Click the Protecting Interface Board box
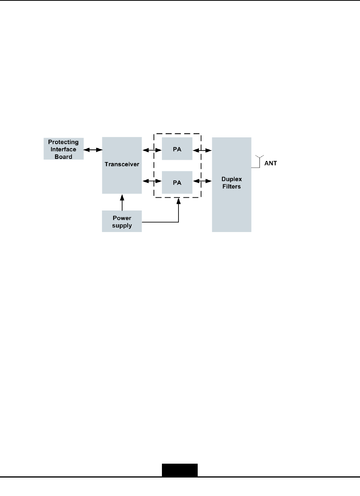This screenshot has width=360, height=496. (x=63, y=149)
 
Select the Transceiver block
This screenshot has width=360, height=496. (x=122, y=165)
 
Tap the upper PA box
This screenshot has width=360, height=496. (x=177, y=149)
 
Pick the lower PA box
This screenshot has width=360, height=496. (x=177, y=182)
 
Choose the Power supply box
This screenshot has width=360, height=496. (x=122, y=221)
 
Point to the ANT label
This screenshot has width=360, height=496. (x=270, y=163)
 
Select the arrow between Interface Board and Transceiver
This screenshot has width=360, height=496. (x=93, y=149)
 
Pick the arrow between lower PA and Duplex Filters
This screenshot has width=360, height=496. (x=202, y=180)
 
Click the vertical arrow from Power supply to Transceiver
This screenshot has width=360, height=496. (x=122, y=202)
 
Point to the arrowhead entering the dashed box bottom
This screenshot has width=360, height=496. (x=178, y=200)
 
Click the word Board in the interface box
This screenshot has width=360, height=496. (x=63, y=157)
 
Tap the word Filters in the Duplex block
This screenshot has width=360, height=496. (x=232, y=187)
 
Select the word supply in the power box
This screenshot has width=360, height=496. (x=122, y=225)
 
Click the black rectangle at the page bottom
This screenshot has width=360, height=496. (x=180, y=470)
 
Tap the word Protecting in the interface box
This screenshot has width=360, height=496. (x=63, y=142)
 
